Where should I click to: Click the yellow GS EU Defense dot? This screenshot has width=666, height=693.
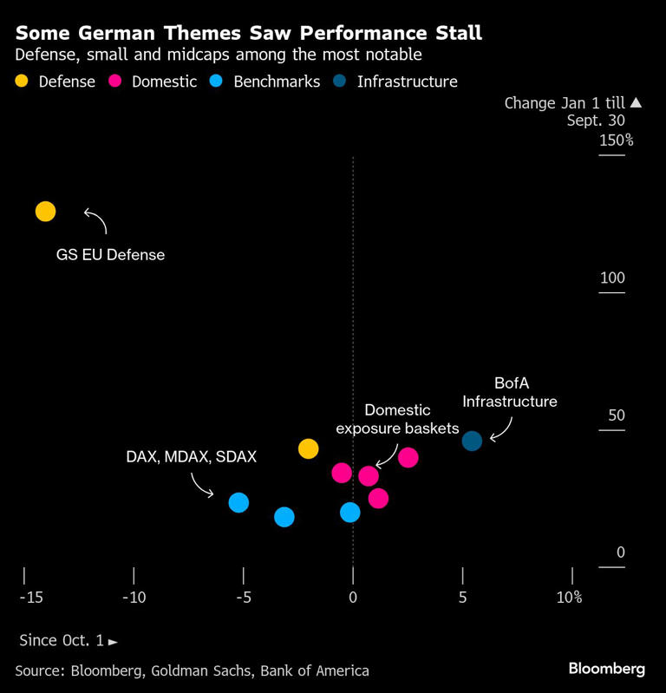pyautogui.click(x=45, y=212)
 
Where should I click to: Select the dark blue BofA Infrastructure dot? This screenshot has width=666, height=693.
pyautogui.click(x=472, y=441)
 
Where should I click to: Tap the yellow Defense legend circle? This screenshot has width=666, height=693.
pyautogui.click(x=23, y=82)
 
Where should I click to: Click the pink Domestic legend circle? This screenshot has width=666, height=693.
pyautogui.click(x=114, y=82)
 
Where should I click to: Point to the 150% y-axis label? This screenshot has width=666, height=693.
pyautogui.click(x=617, y=141)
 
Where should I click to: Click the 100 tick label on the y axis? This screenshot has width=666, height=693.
pyautogui.click(x=612, y=278)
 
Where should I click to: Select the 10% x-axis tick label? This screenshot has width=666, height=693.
pyautogui.click(x=569, y=598)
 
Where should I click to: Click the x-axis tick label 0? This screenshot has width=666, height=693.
pyautogui.click(x=353, y=598)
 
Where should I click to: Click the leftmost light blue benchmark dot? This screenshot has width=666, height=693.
pyautogui.click(x=238, y=502)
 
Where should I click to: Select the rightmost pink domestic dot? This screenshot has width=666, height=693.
pyautogui.click(x=408, y=457)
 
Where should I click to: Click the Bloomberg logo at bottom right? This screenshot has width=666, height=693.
pyautogui.click(x=607, y=669)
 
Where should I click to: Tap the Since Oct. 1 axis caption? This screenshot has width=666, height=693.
pyautogui.click(x=68, y=641)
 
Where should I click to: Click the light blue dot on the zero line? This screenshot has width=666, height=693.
pyautogui.click(x=350, y=513)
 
